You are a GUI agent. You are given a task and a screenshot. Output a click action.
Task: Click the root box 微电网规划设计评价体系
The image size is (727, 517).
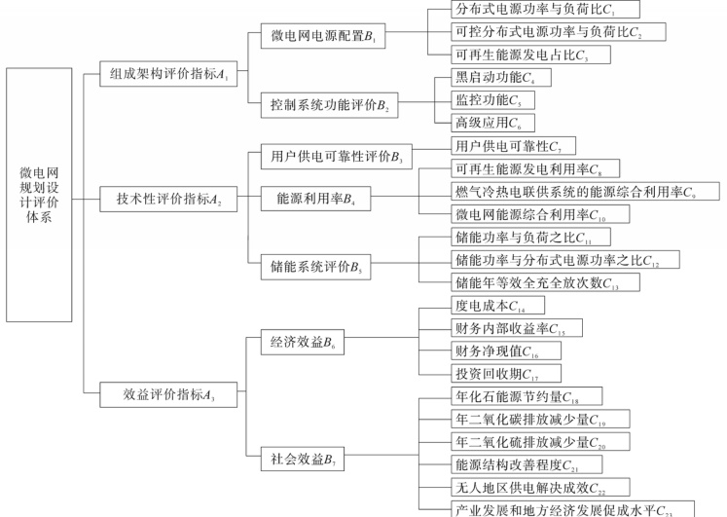(40, 196)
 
